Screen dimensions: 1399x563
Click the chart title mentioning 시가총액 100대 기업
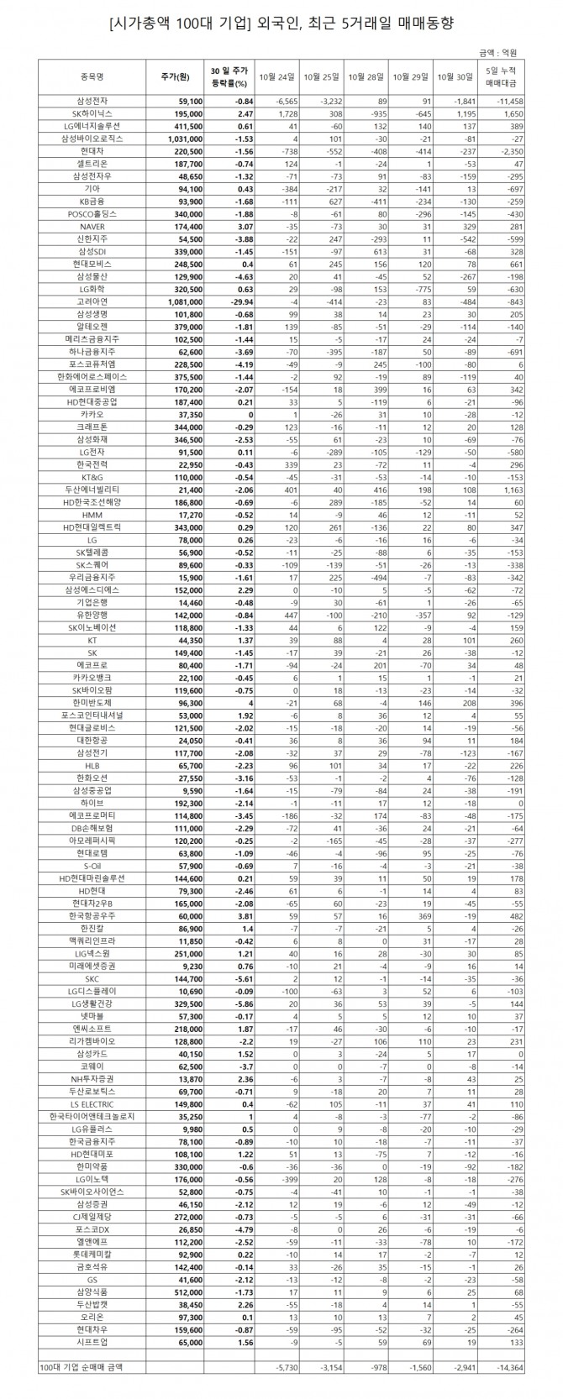pyautogui.click(x=281, y=24)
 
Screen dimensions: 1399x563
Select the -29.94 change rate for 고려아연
pyautogui.click(x=225, y=301)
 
